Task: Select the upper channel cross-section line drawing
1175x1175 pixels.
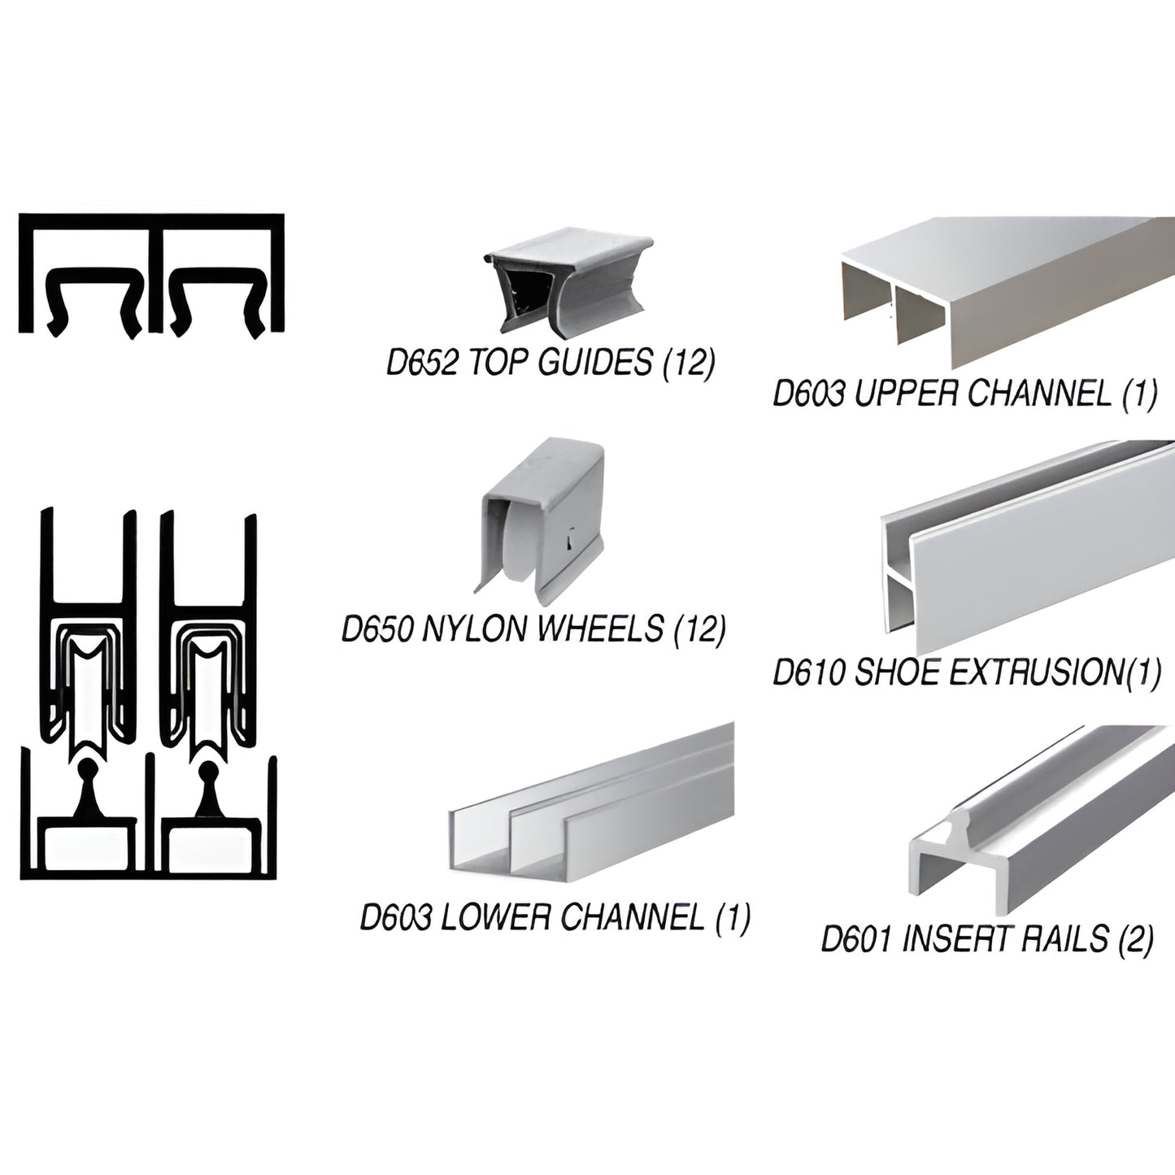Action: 151,273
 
